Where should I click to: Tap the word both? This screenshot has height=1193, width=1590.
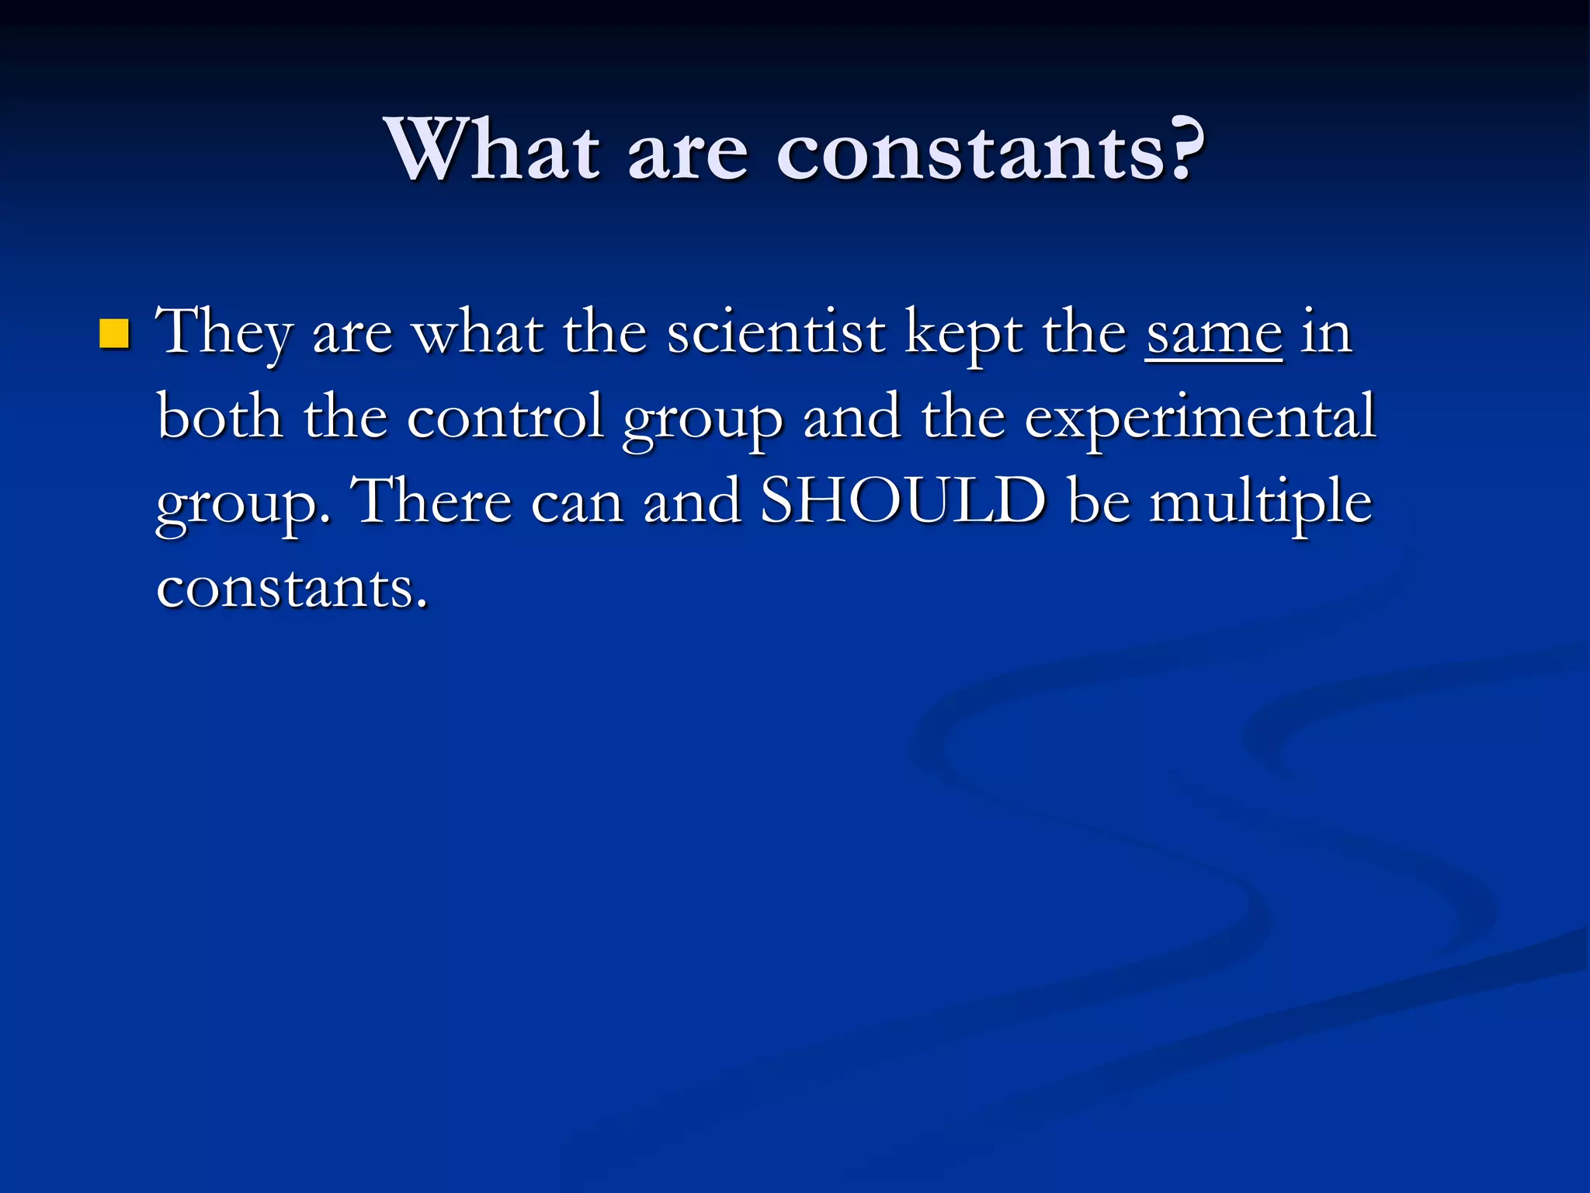coord(220,417)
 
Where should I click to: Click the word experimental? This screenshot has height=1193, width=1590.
coord(1199,417)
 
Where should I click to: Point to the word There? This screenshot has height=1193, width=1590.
coord(432,501)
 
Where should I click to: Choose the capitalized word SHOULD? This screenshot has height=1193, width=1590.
coord(903,501)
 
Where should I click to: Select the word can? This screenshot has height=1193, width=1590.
coord(577,503)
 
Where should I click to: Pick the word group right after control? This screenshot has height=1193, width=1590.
coord(703,421)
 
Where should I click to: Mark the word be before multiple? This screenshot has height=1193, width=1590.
coord(1099,501)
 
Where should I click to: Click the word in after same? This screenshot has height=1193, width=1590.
coord(1327,332)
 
